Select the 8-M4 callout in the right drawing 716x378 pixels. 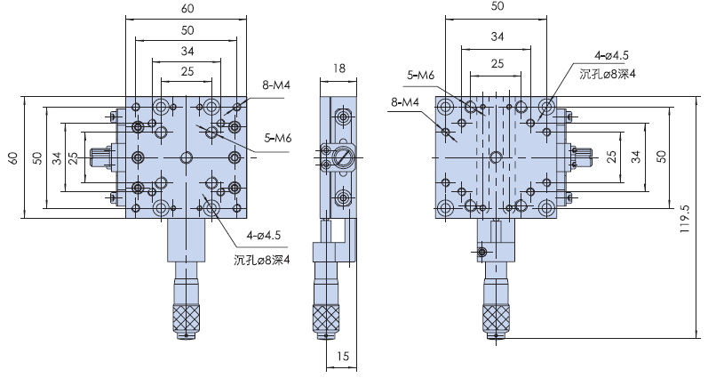(404, 102)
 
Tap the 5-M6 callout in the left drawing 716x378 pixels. (279, 139)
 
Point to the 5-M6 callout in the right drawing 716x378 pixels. (420, 76)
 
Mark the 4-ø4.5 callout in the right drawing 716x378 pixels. (598, 57)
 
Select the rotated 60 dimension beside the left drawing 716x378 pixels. (12, 157)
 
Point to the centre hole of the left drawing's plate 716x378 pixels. (186, 157)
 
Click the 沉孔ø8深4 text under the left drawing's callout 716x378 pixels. (262, 260)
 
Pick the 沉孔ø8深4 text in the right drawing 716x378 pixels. (609, 74)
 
